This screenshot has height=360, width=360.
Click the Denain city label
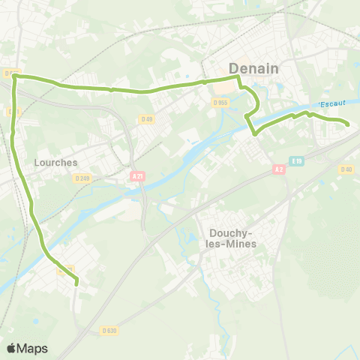(x=253, y=68)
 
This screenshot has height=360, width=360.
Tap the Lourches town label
(x=52, y=161)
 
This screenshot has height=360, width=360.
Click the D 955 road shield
(x=220, y=103)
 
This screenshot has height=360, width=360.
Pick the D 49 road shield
(x=146, y=118)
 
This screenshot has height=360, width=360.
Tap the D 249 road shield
(x=82, y=178)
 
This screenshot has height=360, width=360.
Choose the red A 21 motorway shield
(x=136, y=176)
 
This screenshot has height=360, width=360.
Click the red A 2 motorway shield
(x=279, y=169)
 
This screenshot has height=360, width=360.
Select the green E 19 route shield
(x=297, y=160)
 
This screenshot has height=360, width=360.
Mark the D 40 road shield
(x=346, y=169)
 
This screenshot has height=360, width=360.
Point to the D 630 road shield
(x=109, y=330)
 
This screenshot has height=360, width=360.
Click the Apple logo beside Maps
(x=11, y=348)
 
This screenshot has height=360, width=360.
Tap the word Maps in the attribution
(x=32, y=348)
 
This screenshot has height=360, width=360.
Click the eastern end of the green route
(x=348, y=124)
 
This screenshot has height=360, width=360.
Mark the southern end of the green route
(x=77, y=283)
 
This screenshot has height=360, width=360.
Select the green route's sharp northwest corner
(x=14, y=76)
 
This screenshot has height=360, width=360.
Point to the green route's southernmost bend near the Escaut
(x=255, y=133)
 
